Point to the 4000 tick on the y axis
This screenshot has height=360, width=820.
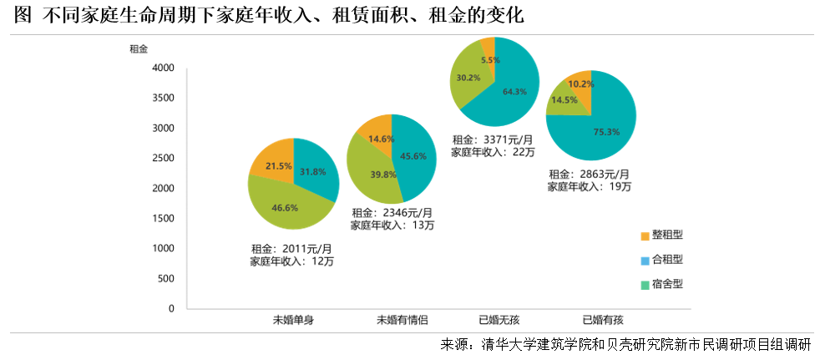point(162,68)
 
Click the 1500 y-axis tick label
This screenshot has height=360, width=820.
point(162,219)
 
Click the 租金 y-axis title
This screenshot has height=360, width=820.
point(139,48)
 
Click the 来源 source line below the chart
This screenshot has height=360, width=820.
point(625,344)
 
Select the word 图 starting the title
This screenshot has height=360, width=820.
point(23,15)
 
